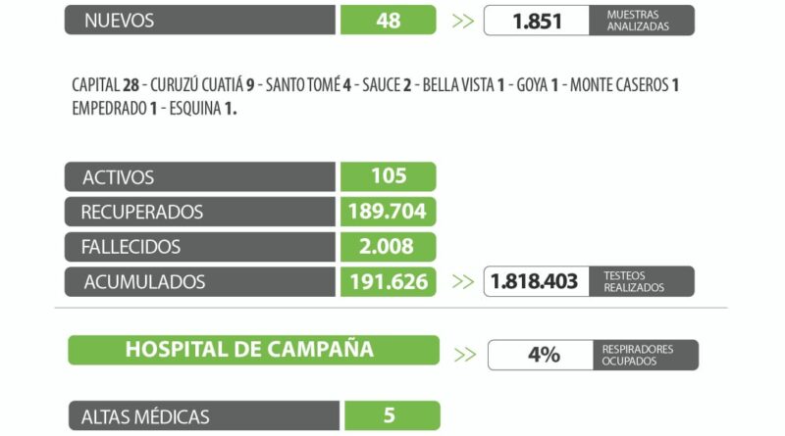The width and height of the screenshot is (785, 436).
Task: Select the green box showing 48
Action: [x=389, y=20]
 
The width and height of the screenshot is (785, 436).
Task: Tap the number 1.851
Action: [x=538, y=21]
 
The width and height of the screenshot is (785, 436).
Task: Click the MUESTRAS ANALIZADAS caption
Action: [x=638, y=21]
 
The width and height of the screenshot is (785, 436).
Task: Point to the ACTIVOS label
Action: [x=119, y=177]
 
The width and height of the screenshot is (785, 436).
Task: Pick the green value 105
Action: [x=389, y=176]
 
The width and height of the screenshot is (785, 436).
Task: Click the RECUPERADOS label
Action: [x=142, y=212]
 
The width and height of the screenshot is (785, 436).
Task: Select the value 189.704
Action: [x=389, y=212]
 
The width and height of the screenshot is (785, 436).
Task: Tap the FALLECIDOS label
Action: [x=131, y=247]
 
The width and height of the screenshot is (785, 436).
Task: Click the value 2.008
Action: [x=389, y=247]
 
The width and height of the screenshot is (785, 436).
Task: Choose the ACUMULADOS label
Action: [x=144, y=282]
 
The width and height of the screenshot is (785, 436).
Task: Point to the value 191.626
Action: [x=389, y=282]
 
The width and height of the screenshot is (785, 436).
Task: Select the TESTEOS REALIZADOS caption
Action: [x=634, y=282]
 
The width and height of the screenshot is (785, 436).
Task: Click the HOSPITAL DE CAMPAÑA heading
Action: [x=249, y=350]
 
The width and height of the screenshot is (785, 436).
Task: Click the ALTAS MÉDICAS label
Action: [x=145, y=416]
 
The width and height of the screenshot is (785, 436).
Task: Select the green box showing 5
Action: [x=390, y=416]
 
